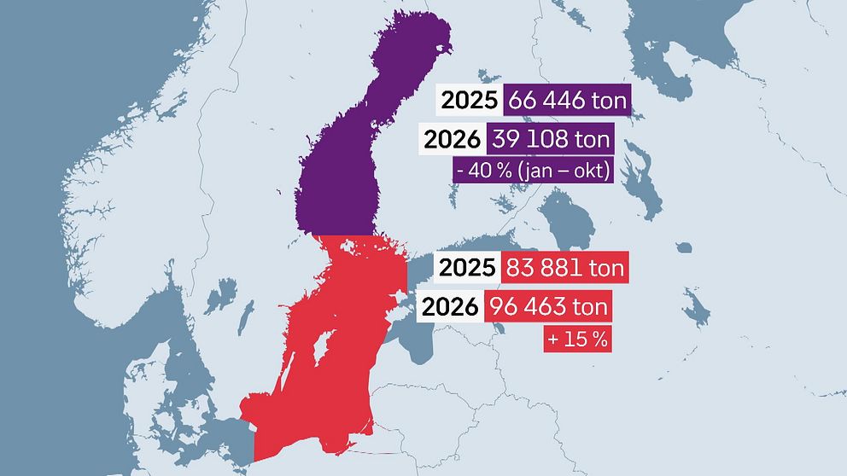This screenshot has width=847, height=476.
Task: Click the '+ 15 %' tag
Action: [x=578, y=339]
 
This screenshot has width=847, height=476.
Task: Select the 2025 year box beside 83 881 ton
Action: [x=466, y=268]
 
